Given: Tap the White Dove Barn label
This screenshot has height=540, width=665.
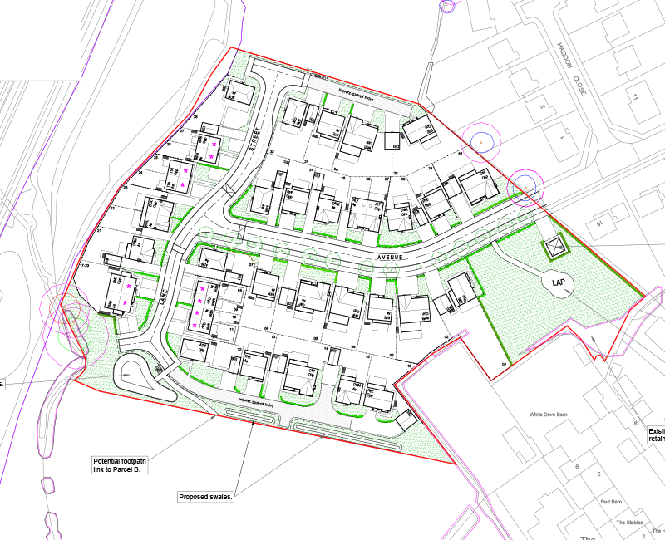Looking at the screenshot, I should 549,414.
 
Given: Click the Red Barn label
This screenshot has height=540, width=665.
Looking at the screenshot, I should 611,502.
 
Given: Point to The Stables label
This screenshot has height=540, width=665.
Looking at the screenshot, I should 629,523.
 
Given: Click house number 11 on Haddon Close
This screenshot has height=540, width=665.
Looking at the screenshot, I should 638,97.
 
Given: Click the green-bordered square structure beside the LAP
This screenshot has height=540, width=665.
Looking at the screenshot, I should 554,247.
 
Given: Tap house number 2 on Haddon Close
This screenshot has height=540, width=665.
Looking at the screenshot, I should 542,106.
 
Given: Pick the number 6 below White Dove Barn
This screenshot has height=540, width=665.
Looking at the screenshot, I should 577,467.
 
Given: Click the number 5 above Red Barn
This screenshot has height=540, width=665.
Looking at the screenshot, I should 598,474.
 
